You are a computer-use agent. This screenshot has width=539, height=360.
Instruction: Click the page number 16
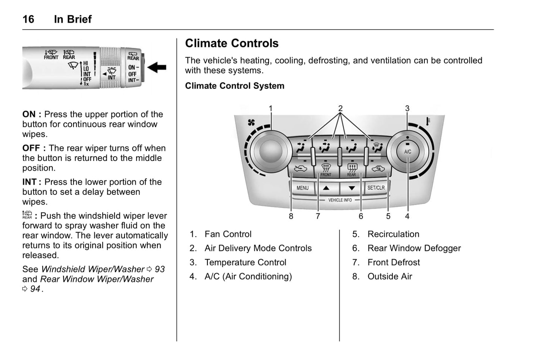point(28,19)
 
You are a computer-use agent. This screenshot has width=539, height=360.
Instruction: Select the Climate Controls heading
point(232,43)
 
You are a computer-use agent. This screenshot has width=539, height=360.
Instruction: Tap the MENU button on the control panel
point(303,188)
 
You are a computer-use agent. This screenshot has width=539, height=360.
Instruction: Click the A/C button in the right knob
point(408,151)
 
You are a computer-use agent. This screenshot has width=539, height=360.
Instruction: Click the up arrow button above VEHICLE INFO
point(326,188)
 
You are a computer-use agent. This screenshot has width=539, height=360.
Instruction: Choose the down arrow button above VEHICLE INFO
point(351,188)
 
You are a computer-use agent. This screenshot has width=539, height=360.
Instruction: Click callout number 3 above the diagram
point(407,109)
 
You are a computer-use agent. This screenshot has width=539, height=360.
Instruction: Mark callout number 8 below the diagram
point(291,216)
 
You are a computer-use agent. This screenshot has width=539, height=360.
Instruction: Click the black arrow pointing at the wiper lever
point(157,68)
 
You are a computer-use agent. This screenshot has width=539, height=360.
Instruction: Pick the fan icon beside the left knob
point(251,122)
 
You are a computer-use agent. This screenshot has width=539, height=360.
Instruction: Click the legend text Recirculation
point(393,234)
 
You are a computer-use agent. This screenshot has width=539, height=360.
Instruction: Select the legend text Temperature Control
point(245,263)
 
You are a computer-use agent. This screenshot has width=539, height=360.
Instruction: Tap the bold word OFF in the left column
point(31,148)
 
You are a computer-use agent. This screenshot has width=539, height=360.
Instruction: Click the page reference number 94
point(35,289)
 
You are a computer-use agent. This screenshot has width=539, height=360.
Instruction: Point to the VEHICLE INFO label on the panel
point(340,200)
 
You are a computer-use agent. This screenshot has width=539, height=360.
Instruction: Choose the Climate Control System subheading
point(235,86)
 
